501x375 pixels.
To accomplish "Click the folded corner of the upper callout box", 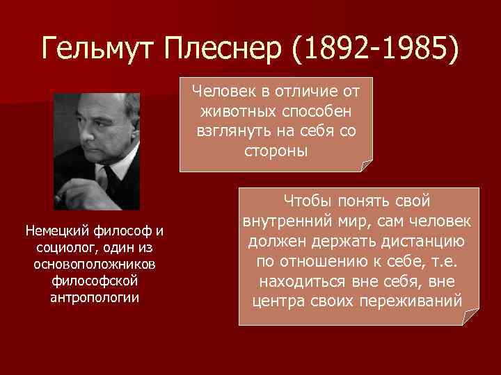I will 366,165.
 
